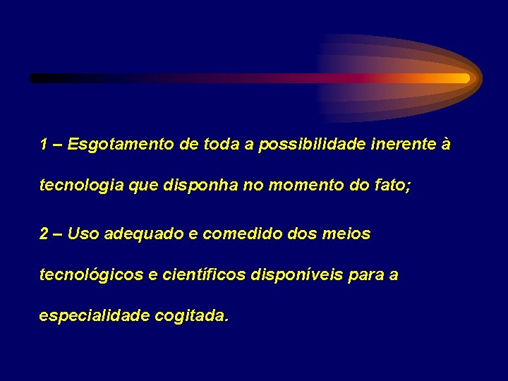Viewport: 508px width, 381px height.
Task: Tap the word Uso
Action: tap(84, 234)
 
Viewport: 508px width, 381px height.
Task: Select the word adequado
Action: tap(143, 234)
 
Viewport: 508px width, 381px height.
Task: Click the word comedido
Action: tap(242, 234)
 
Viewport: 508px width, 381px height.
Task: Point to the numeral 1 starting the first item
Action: tap(44, 145)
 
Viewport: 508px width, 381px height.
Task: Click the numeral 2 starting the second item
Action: tap(44, 234)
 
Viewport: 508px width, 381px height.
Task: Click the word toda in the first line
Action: tap(222, 145)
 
